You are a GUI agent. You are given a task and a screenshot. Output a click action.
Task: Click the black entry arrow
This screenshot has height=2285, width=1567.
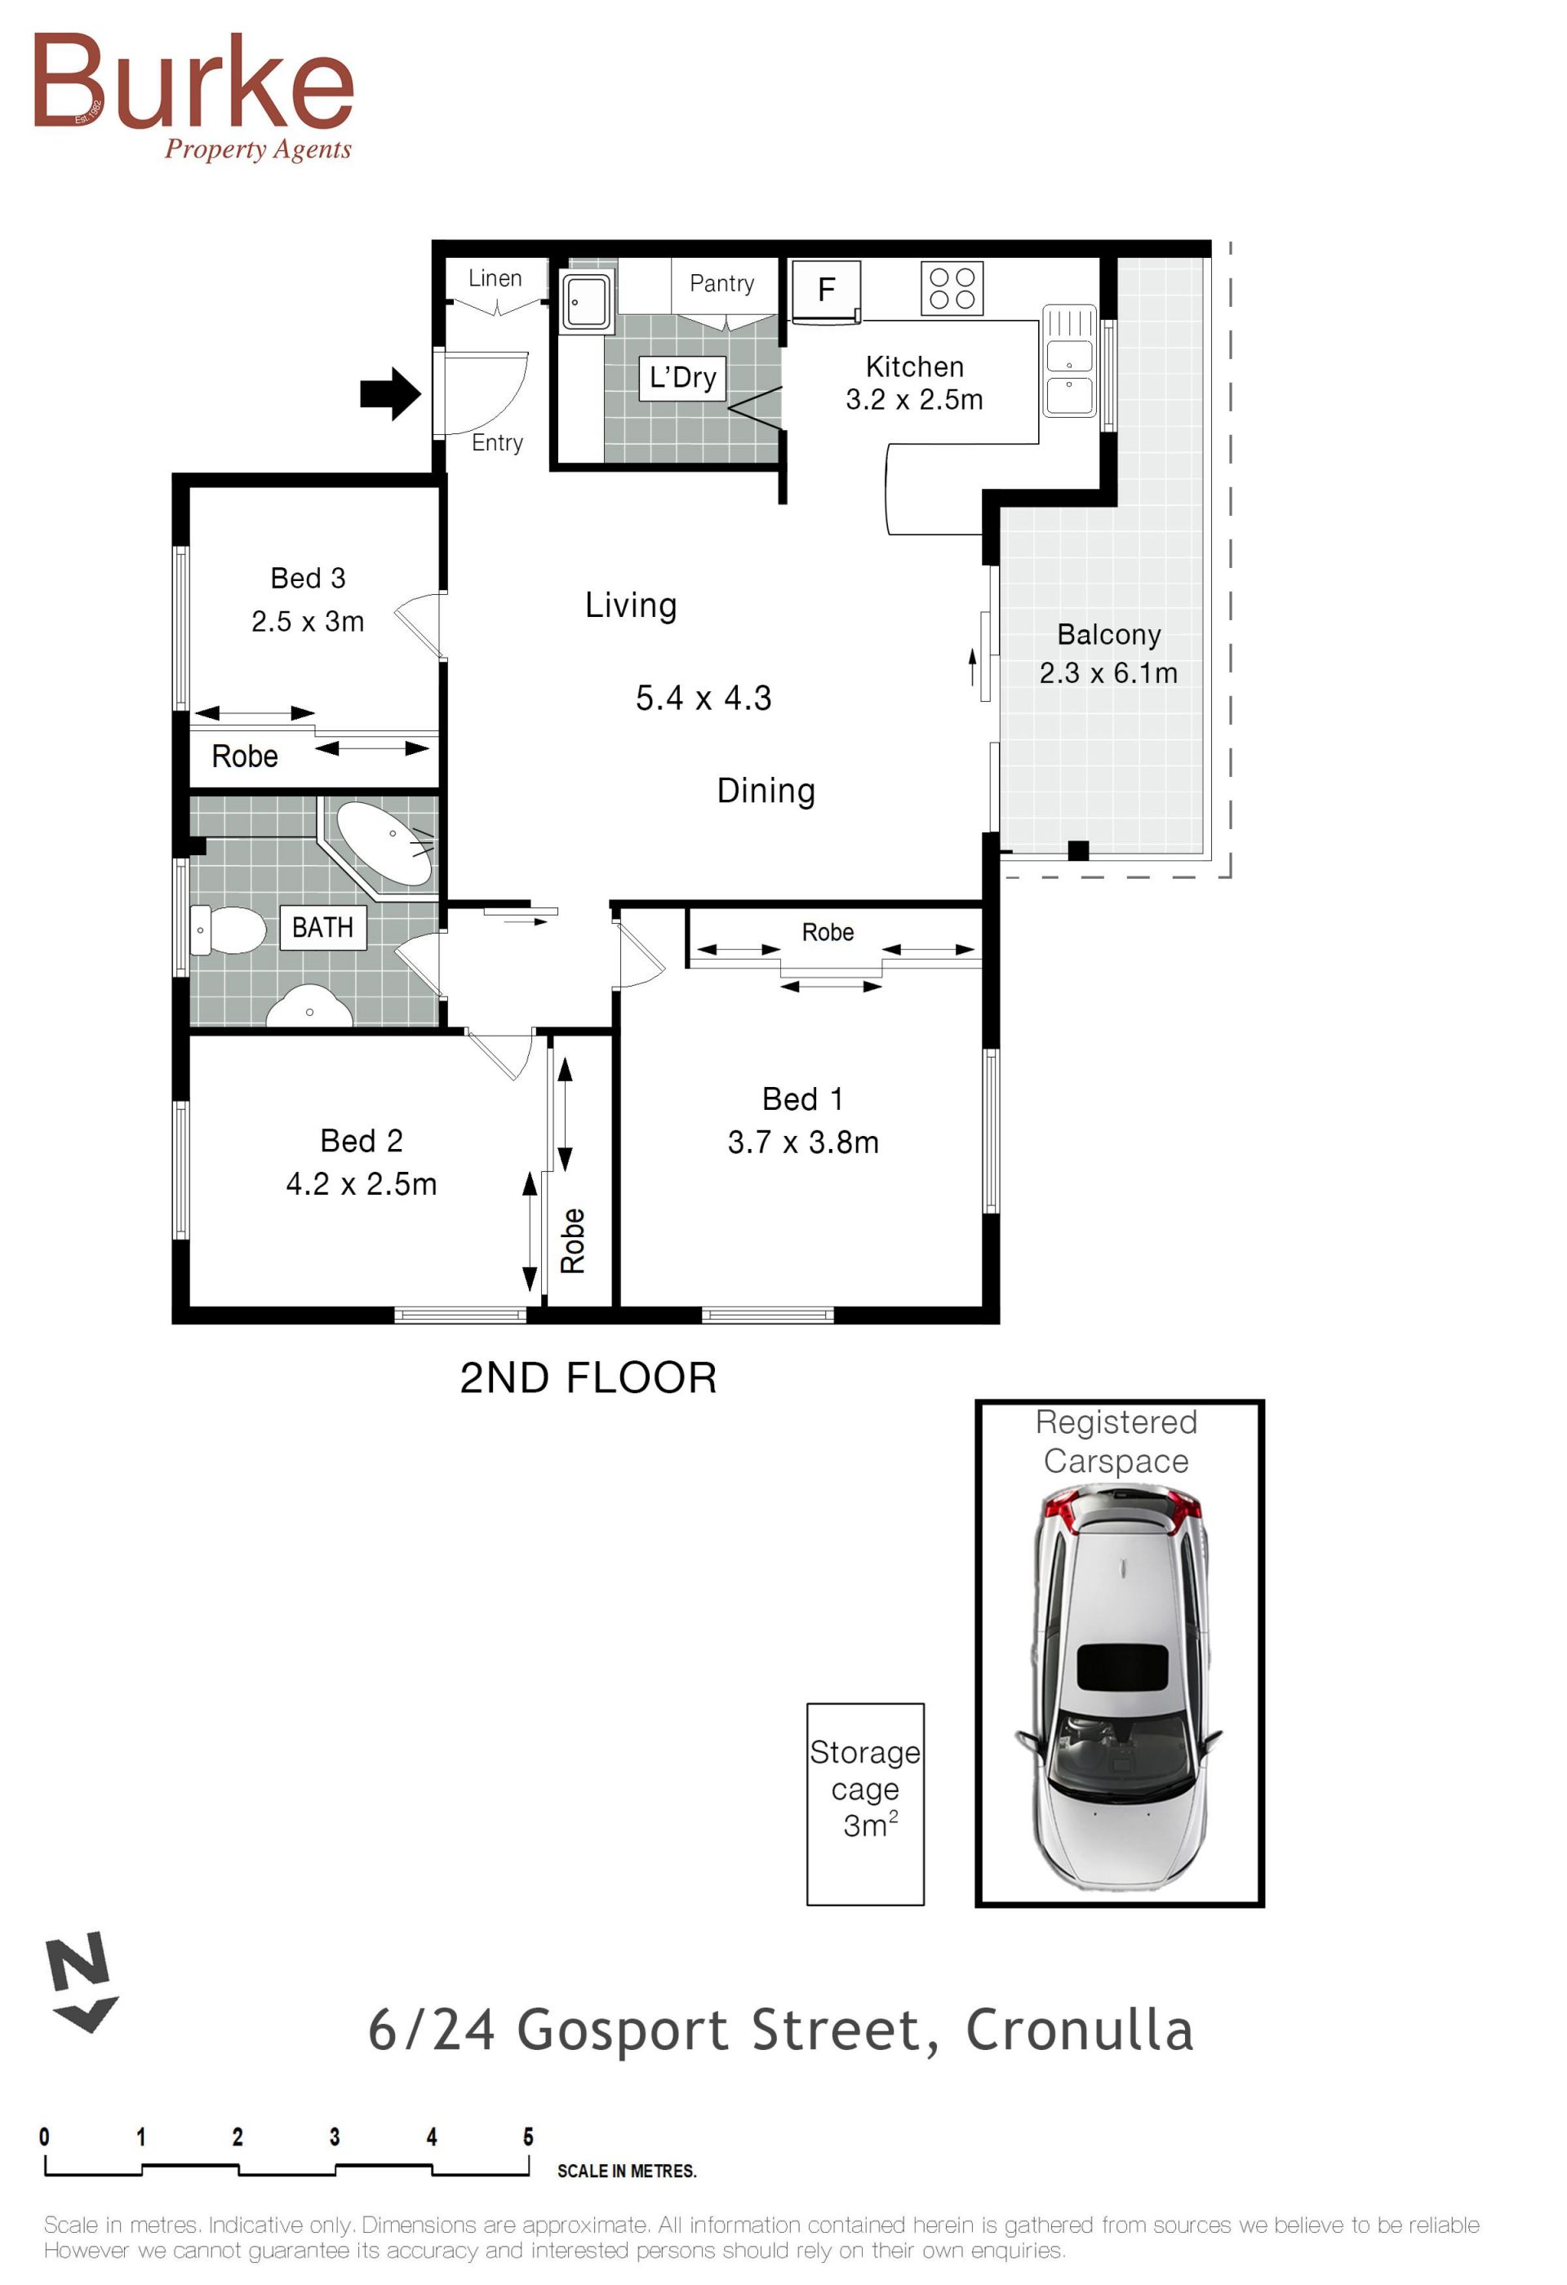(x=391, y=394)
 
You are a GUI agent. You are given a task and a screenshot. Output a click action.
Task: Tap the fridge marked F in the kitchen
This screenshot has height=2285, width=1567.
(x=826, y=291)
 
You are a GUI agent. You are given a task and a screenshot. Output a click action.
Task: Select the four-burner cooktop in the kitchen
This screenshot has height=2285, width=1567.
(x=952, y=289)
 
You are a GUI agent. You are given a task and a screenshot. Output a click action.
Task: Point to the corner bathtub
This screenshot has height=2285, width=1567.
(x=384, y=845)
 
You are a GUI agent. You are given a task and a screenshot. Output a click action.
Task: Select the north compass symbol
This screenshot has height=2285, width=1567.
(x=81, y=1981)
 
